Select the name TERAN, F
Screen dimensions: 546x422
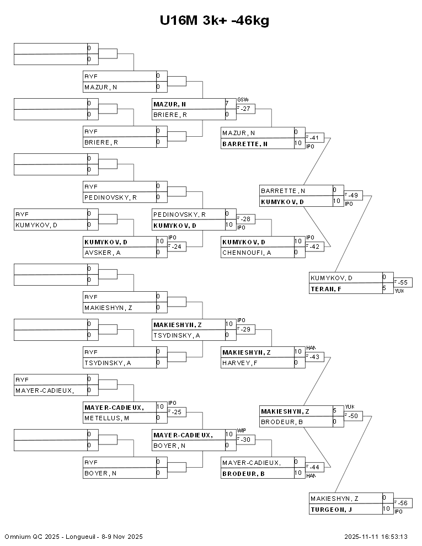point(325,288)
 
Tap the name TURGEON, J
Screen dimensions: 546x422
point(331,509)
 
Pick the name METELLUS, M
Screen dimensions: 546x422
point(106,418)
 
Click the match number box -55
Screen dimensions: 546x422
point(403,282)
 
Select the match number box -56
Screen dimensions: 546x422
point(403,503)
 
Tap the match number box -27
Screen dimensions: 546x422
point(246,109)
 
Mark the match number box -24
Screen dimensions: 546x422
point(177,247)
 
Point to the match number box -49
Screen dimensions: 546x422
point(354,195)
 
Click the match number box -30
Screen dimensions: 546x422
point(246,440)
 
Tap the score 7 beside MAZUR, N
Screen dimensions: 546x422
point(227,103)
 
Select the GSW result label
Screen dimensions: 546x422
point(243,99)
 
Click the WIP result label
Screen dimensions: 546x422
point(241,430)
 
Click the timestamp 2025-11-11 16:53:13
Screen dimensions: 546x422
point(376,537)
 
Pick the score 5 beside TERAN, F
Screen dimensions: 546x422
point(384,288)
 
